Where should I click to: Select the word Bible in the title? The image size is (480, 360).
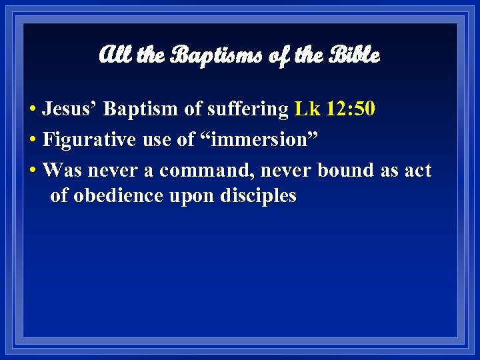[x=353, y=55]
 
